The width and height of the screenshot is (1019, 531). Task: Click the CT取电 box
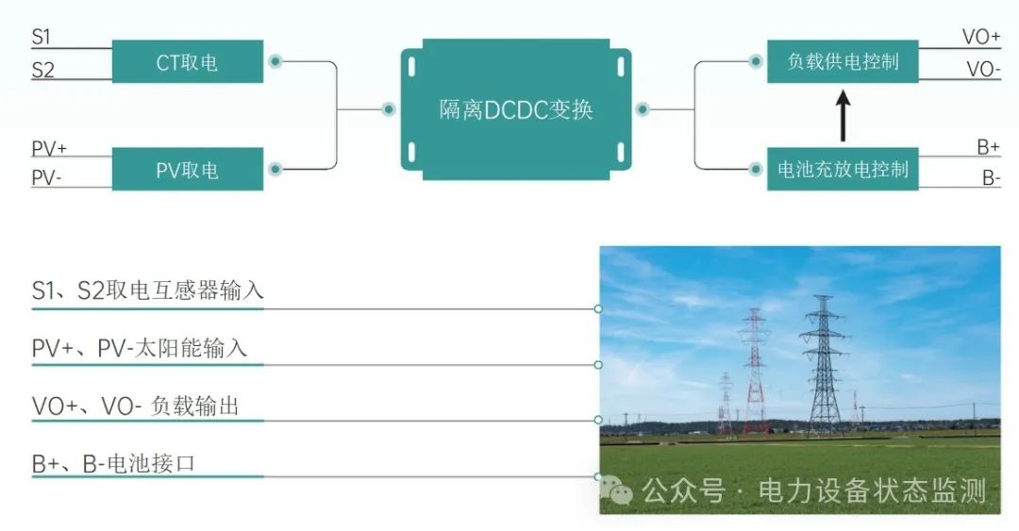coord(187,62)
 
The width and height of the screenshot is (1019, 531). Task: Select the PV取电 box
coord(187,170)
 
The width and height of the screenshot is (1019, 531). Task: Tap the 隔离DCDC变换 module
coord(515,109)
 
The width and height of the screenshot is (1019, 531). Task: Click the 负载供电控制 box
coord(843,62)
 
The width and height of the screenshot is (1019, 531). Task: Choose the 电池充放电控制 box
coord(843,170)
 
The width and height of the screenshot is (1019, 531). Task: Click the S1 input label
coord(42,37)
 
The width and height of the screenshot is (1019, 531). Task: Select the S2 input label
coord(43,69)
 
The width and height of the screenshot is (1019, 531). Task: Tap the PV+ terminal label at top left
coord(49,148)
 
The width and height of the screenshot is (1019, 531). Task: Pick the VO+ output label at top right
coord(980,37)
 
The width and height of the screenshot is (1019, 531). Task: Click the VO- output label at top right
coord(982,69)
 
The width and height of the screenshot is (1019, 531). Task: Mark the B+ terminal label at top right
coord(987,147)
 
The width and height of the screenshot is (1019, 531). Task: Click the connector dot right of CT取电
coord(275,62)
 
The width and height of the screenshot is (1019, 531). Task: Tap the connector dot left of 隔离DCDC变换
coord(388,109)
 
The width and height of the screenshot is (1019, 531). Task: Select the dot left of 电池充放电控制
coord(756,170)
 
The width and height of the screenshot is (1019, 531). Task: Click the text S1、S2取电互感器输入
coord(148,290)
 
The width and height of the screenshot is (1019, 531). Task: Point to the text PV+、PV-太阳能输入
coord(140,348)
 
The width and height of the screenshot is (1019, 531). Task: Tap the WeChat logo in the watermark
coord(619,490)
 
